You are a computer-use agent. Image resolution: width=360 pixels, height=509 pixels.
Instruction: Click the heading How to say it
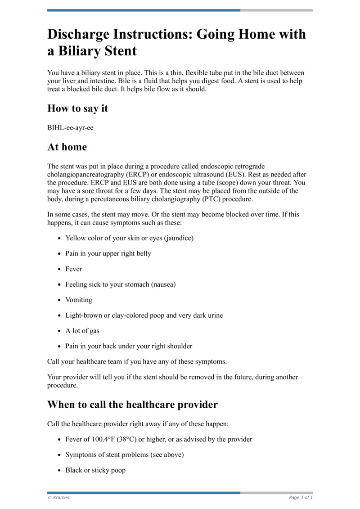pos(77,108)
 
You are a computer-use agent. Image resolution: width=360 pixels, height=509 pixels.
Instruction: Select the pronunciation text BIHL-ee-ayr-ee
pos(70,128)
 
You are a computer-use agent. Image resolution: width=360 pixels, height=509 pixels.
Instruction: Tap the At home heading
pos(67,147)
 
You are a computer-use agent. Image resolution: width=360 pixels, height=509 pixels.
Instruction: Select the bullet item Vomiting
pos(79,300)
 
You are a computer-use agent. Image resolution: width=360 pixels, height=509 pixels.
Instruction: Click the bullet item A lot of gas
pos(83,331)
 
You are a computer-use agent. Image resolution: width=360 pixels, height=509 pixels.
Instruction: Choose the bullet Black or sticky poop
pos(95,470)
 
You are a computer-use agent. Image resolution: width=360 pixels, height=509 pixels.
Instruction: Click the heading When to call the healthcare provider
pos(132,405)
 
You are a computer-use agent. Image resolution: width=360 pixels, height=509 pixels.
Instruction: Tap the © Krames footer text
pos(58,497)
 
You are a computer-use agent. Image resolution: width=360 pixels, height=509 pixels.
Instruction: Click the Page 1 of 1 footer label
pos(301,497)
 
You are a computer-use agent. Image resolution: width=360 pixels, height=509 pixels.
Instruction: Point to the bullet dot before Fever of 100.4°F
pos(60,440)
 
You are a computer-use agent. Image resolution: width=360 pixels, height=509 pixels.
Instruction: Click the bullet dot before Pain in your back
pos(60,347)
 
